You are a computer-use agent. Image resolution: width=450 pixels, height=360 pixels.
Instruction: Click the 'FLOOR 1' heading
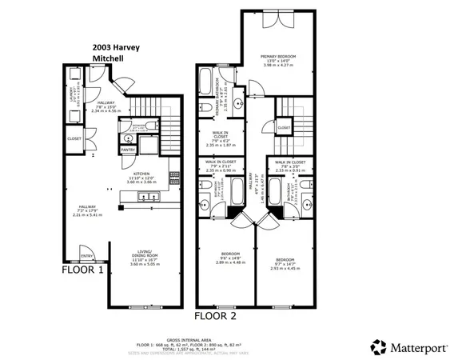point(84,270)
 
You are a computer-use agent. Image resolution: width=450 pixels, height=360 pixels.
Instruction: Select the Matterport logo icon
point(377,346)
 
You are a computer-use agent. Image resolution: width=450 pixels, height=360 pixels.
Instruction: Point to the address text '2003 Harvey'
point(116,47)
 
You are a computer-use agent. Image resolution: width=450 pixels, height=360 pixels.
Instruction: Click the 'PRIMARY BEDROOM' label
point(278,57)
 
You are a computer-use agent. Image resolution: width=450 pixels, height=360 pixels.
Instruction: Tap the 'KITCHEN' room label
point(141,172)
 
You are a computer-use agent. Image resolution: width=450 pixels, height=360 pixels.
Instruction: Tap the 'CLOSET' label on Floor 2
point(284,127)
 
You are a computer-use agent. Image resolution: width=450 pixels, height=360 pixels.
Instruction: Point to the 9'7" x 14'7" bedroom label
point(285,261)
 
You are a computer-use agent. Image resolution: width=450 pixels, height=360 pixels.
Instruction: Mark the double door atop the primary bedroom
point(277,18)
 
